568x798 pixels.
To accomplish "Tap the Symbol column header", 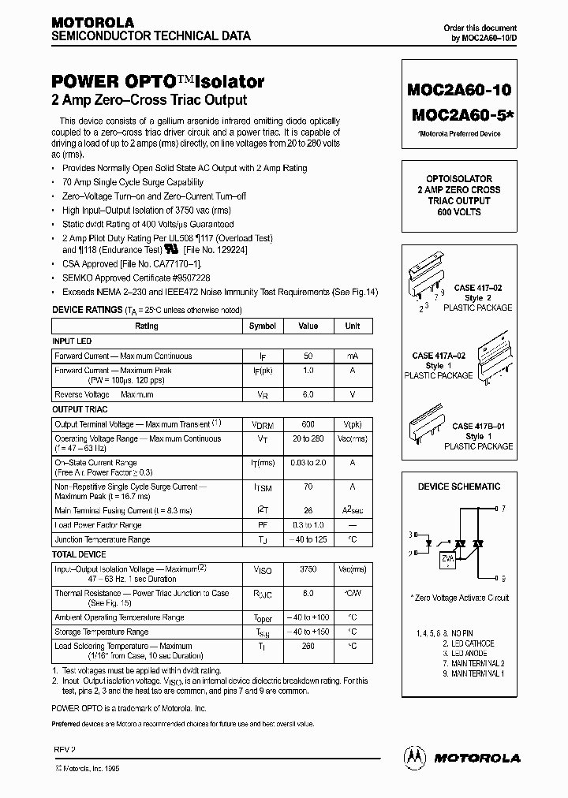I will coord(263,326).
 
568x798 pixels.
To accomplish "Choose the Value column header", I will coord(308,326).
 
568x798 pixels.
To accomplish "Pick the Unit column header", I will coord(353,326).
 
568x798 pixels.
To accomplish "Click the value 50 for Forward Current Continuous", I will coord(308,356).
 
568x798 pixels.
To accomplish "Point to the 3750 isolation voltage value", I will coord(308,568).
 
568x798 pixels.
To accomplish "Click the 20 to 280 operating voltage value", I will coord(308,439).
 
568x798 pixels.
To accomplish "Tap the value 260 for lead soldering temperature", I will coord(308,647).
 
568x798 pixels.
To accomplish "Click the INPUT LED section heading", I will coord(73,341).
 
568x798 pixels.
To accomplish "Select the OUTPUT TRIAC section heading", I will coord(80,410).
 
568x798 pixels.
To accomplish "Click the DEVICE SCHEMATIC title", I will coord(458,487).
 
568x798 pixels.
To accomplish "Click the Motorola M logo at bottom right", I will coord(413,757).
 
